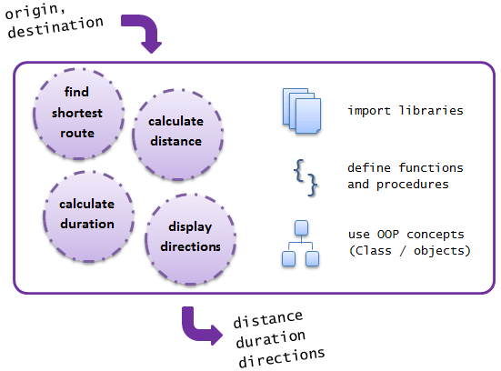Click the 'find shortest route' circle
78,114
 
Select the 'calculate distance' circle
177,135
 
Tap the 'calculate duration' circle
88,216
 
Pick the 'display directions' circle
190,239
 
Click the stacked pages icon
302,111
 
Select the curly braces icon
306,177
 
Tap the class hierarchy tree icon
300,243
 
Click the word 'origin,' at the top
35,11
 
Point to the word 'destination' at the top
55,28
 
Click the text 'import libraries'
406,111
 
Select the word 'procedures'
413,185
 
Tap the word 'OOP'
388,235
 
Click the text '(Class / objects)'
410,251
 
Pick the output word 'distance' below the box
267,319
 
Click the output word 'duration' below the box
271,339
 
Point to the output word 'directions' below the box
282,357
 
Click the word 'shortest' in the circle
77,113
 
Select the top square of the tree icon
301,227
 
